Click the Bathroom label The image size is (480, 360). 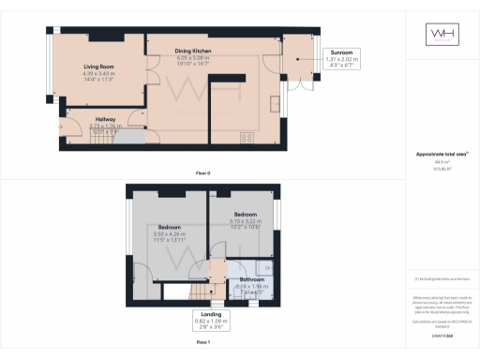pyautogui.click(x=251, y=279)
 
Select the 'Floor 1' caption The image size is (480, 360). pyautogui.click(x=202, y=343)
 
